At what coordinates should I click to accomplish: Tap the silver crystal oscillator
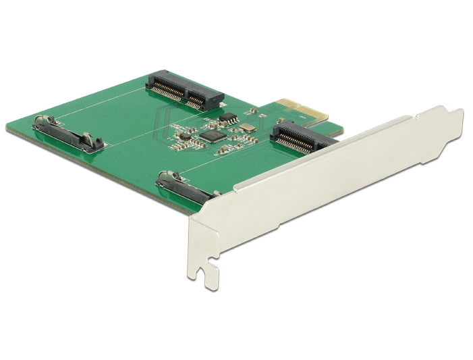[x=248, y=128]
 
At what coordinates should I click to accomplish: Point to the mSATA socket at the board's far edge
[x=184, y=89]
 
